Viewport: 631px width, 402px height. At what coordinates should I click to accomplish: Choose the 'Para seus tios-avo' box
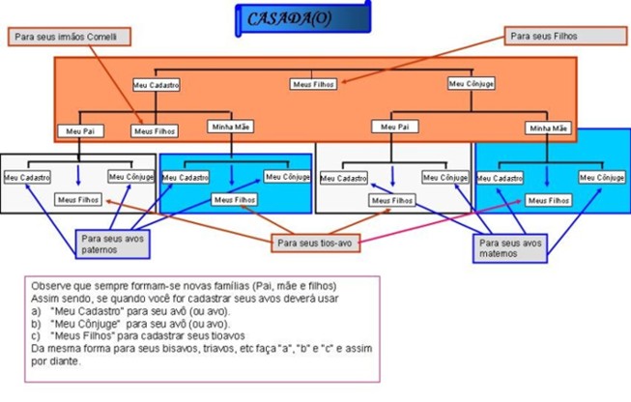(x=317, y=243)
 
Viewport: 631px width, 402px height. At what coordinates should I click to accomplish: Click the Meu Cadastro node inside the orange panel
(x=157, y=85)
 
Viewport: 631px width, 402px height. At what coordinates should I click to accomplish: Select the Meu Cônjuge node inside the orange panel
(x=472, y=84)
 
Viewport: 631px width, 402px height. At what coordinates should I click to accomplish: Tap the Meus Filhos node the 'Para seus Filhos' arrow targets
(x=314, y=84)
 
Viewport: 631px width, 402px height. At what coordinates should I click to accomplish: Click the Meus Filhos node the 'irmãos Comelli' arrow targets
(x=155, y=129)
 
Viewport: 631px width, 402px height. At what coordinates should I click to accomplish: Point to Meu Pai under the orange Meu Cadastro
(x=78, y=129)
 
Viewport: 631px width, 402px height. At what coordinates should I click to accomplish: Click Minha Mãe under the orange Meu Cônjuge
(x=547, y=128)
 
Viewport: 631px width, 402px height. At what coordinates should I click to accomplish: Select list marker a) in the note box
(x=37, y=311)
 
